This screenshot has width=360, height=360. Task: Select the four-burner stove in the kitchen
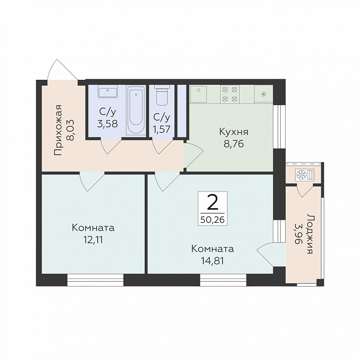[x=230, y=94]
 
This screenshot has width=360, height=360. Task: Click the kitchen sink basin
[x=198, y=94]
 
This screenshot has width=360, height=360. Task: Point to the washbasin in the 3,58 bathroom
[x=108, y=91]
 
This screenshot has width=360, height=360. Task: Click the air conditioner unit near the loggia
[x=305, y=175]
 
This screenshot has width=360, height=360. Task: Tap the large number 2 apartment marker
[x=212, y=202]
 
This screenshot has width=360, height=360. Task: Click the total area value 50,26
[x=212, y=220]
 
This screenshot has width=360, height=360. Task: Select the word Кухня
[x=234, y=132]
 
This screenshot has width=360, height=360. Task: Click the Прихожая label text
[x=59, y=130]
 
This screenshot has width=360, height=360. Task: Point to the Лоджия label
[x=310, y=234]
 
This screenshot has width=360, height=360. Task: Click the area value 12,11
[x=93, y=240]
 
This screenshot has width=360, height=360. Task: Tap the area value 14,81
[x=213, y=261]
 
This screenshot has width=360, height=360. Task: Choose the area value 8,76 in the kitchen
[x=234, y=144]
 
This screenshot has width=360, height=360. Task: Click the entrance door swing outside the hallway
[x=62, y=69]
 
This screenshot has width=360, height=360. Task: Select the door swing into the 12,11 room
[x=92, y=181]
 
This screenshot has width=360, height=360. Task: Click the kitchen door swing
[x=193, y=155]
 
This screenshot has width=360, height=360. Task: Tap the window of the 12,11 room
[x=96, y=280]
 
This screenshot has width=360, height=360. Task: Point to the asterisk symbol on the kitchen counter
[x=264, y=94]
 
